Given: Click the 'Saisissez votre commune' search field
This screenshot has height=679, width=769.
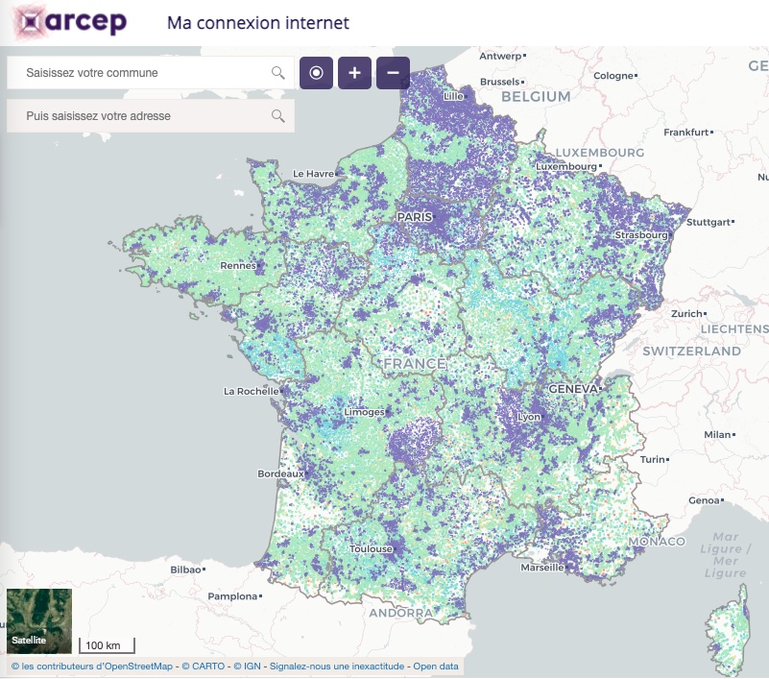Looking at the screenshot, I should (144, 72).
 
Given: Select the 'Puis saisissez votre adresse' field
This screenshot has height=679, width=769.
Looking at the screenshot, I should (144, 116).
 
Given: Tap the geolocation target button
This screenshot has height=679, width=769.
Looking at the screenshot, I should (316, 73).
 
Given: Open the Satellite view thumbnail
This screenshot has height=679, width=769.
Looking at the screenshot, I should (39, 620).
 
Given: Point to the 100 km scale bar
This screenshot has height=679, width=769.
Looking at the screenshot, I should (106, 645).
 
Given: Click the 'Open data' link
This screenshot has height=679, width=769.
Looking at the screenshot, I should (436, 666).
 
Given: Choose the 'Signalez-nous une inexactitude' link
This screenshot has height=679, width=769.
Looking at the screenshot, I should (338, 666).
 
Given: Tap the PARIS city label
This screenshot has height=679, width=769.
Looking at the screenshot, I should (415, 217).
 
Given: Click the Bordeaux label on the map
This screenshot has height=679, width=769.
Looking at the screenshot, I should (280, 473).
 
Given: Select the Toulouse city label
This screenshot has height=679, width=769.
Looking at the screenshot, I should (371, 548).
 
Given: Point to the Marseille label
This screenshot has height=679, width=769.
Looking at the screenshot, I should (541, 567).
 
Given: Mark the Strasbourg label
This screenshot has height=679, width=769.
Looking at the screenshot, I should (641, 235).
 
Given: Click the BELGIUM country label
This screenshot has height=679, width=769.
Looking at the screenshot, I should (535, 97).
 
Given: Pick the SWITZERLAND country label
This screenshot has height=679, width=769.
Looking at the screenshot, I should (691, 352).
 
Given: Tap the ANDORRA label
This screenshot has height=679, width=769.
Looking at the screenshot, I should (402, 613).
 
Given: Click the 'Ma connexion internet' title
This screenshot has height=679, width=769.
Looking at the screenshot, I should (258, 23).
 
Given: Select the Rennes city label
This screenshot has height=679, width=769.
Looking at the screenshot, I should (238, 266).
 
